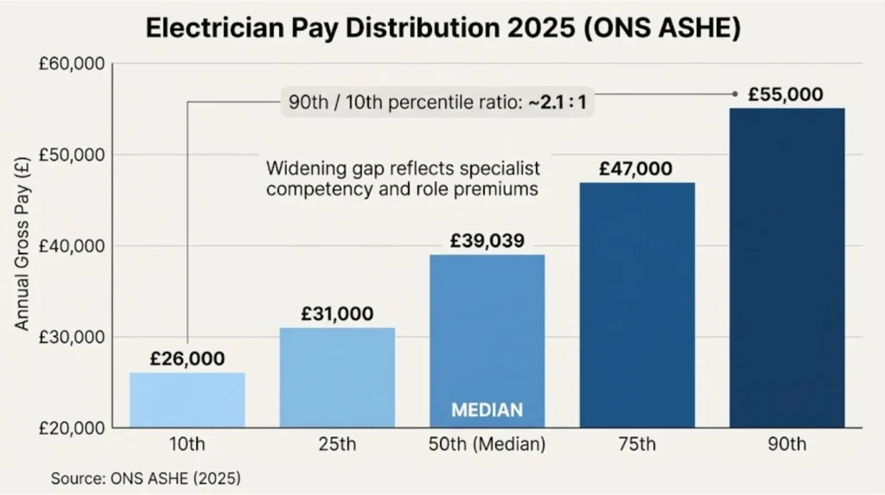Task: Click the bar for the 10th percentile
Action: [187, 400]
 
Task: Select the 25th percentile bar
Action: [337, 378]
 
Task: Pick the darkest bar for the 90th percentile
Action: [786, 268]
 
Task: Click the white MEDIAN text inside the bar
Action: [487, 409]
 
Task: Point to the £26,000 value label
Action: [187, 359]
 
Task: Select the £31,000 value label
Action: [337, 314]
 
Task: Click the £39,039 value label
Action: [487, 241]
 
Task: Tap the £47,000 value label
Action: [636, 168]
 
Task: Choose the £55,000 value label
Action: [786, 95]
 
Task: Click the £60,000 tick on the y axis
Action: [72, 64]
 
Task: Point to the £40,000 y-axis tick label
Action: [72, 246]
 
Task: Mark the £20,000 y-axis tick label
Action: [72, 428]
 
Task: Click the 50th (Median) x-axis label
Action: [487, 447]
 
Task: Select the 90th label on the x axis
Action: [786, 447]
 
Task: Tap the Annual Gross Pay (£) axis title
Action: [23, 246]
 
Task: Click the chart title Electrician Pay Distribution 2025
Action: [442, 28]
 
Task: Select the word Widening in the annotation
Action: [299, 168]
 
